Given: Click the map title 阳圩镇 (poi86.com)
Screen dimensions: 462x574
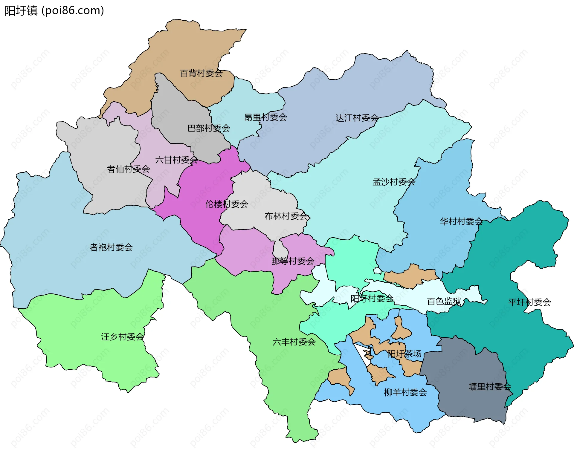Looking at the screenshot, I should [x=54, y=11].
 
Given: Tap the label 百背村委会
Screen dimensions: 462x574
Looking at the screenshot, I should [x=201, y=73].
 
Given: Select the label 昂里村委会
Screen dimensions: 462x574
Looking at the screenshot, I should [x=265, y=117].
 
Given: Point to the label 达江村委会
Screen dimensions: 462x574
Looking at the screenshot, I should [x=357, y=118].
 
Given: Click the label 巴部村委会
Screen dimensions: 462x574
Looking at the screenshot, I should [x=208, y=128].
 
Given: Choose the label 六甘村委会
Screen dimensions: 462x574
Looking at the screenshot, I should [x=176, y=160].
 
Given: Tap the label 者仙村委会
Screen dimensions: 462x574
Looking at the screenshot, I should [x=128, y=169].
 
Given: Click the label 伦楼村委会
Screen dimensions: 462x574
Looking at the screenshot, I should [x=227, y=204].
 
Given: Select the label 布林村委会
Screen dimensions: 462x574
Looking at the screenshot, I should [x=286, y=216].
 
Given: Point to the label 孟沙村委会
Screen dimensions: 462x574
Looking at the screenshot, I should [x=394, y=182].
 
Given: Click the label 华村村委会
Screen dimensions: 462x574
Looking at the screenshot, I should [x=461, y=221].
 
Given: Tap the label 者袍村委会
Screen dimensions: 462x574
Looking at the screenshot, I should [x=111, y=247].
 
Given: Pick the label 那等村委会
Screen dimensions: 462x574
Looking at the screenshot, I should [x=293, y=261].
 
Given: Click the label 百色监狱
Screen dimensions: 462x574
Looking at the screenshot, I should [x=444, y=301].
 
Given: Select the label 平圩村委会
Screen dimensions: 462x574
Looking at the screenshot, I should [x=529, y=302].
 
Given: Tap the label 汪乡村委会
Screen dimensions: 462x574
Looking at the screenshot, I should [x=122, y=337].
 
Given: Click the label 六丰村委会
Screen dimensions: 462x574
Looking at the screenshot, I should [x=294, y=342].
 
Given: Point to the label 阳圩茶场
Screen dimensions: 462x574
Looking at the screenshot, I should [x=404, y=354].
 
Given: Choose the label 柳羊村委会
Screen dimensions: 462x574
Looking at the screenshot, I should [x=405, y=392].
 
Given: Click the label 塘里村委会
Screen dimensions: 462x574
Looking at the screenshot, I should [x=490, y=387].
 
